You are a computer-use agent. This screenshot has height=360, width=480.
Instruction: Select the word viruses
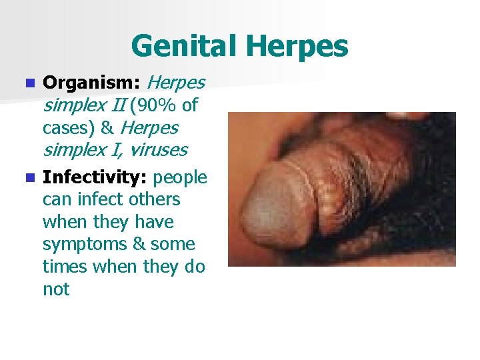click(x=158, y=150)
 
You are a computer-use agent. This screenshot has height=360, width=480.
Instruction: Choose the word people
click(x=181, y=177)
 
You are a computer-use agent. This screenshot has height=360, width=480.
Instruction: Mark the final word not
click(x=55, y=289)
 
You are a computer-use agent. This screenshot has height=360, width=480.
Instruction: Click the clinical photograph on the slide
click(x=341, y=189)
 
